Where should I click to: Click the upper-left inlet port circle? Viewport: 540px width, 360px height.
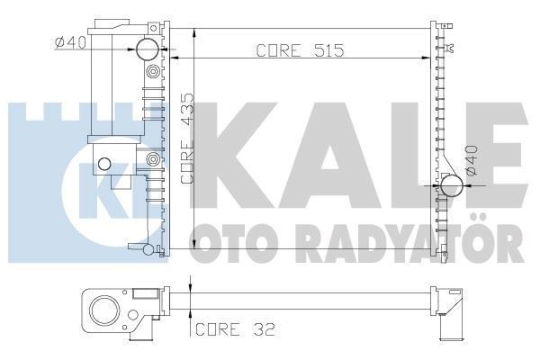pos(148,49)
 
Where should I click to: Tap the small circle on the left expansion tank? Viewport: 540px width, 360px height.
pos(104,164)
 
